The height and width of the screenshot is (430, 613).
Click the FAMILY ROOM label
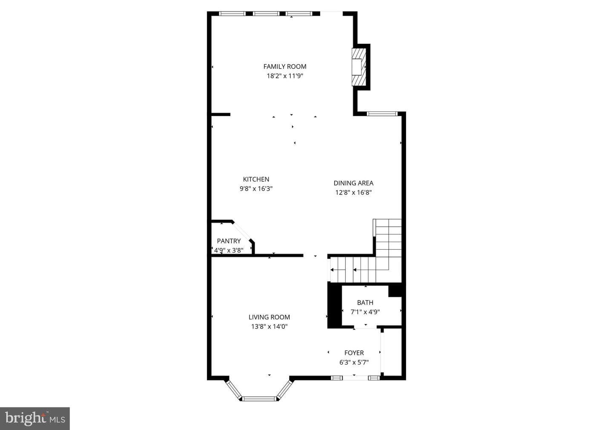click(x=285, y=66)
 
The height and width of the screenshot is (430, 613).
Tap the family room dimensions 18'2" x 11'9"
click(x=285, y=76)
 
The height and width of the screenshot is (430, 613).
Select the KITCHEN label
click(x=256, y=179)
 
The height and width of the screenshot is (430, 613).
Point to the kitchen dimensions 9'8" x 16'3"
click(x=256, y=188)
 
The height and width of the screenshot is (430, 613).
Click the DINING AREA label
click(x=354, y=183)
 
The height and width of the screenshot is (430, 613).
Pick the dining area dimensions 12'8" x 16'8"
click(x=354, y=192)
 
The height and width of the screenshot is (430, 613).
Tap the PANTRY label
click(x=229, y=241)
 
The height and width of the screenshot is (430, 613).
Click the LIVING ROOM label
click(x=269, y=317)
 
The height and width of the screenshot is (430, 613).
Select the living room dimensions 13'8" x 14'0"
click(x=269, y=326)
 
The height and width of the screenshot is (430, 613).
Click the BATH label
click(x=365, y=302)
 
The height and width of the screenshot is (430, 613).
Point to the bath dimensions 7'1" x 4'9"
click(x=365, y=312)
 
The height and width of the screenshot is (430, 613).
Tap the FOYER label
click(x=354, y=353)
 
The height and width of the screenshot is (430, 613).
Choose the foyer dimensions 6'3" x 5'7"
click(x=354, y=362)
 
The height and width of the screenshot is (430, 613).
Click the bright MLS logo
click(x=35, y=419)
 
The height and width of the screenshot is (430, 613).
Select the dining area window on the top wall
click(x=382, y=114)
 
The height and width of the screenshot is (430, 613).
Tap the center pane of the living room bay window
click(x=259, y=399)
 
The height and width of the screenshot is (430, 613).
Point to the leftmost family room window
click(x=232, y=14)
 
